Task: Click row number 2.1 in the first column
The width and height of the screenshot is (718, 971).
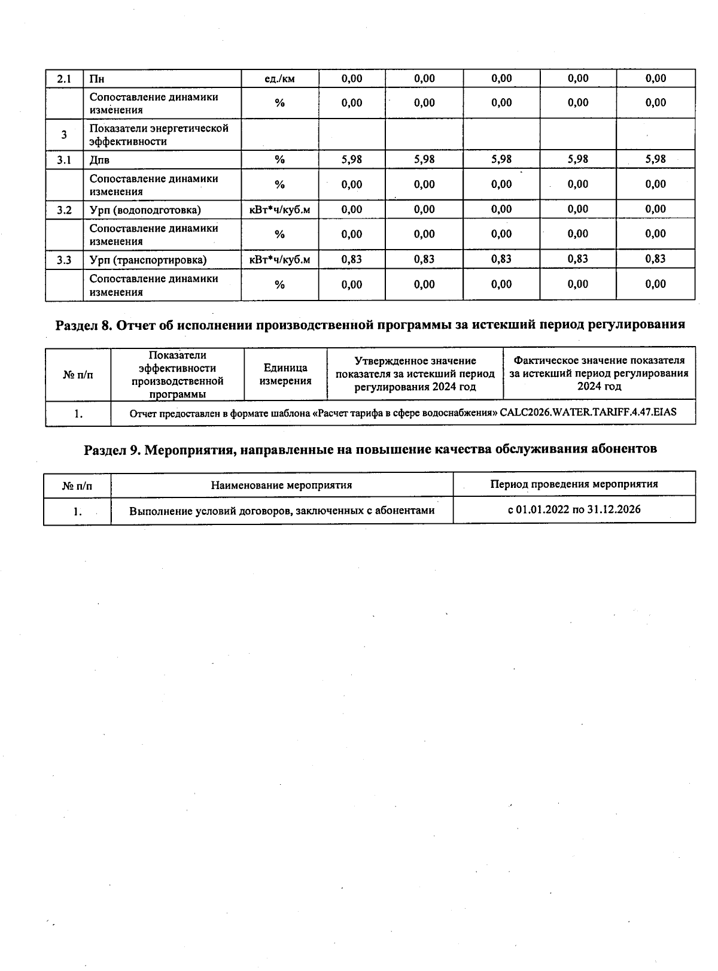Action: [64, 79]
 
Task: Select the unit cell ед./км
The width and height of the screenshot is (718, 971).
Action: [279, 79]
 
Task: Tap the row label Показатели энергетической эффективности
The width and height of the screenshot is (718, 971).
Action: [159, 135]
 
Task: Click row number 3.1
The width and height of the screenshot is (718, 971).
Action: [64, 160]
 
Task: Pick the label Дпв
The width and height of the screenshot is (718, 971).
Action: [99, 160]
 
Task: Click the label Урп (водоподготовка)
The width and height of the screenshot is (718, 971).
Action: [145, 210]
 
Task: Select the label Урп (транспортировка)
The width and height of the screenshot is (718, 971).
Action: [148, 260]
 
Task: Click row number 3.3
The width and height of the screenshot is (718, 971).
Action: [64, 260]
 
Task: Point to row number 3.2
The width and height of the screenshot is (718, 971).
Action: [64, 210]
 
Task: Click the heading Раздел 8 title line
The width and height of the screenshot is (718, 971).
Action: [370, 325]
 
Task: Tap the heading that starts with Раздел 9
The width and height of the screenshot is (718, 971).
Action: [370, 449]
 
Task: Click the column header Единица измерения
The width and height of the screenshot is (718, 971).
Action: [285, 374]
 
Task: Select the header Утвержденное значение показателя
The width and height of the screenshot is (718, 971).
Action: [415, 374]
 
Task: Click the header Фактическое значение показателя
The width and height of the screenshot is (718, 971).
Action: [599, 373]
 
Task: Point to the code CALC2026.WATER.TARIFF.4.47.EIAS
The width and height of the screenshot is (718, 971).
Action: [588, 412]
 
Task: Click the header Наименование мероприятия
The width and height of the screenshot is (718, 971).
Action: [281, 485]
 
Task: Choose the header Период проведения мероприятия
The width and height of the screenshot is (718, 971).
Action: [574, 484]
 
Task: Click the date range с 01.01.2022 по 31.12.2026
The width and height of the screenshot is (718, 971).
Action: [574, 509]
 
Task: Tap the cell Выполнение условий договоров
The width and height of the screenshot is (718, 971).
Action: [282, 511]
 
